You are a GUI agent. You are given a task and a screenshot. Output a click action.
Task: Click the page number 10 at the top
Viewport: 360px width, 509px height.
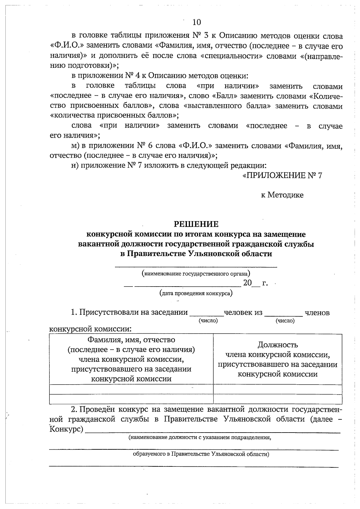click(x=196, y=22)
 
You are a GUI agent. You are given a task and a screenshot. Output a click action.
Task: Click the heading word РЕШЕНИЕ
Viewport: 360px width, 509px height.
click(x=196, y=224)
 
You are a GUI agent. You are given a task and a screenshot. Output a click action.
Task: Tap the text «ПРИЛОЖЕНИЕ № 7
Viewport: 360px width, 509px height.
click(x=282, y=175)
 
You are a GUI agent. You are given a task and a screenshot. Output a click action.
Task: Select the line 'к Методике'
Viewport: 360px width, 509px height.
click(x=282, y=195)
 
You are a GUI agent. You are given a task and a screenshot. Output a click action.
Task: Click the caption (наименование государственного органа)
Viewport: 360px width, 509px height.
click(x=196, y=273)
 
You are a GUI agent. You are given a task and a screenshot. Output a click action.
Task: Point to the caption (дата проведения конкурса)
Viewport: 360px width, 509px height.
click(x=196, y=293)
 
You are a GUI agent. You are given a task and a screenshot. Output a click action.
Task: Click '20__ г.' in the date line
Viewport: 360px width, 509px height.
click(x=255, y=283)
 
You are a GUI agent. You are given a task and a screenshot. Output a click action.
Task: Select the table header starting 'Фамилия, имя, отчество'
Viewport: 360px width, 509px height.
click(x=131, y=359)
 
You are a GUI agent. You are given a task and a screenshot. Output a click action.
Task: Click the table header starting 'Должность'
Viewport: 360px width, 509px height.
click(x=277, y=359)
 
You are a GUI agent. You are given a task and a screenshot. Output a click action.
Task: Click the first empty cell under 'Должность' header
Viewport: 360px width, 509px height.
click(x=277, y=389)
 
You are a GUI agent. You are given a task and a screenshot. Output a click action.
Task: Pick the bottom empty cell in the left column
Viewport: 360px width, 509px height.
click(x=131, y=399)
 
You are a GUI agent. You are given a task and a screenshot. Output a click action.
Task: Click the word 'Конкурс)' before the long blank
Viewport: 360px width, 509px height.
click(x=66, y=429)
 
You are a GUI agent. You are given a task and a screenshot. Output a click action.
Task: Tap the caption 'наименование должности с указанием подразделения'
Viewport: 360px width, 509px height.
click(x=199, y=437)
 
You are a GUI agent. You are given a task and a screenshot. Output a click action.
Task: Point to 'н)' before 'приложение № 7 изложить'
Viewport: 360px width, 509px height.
click(x=75, y=165)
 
